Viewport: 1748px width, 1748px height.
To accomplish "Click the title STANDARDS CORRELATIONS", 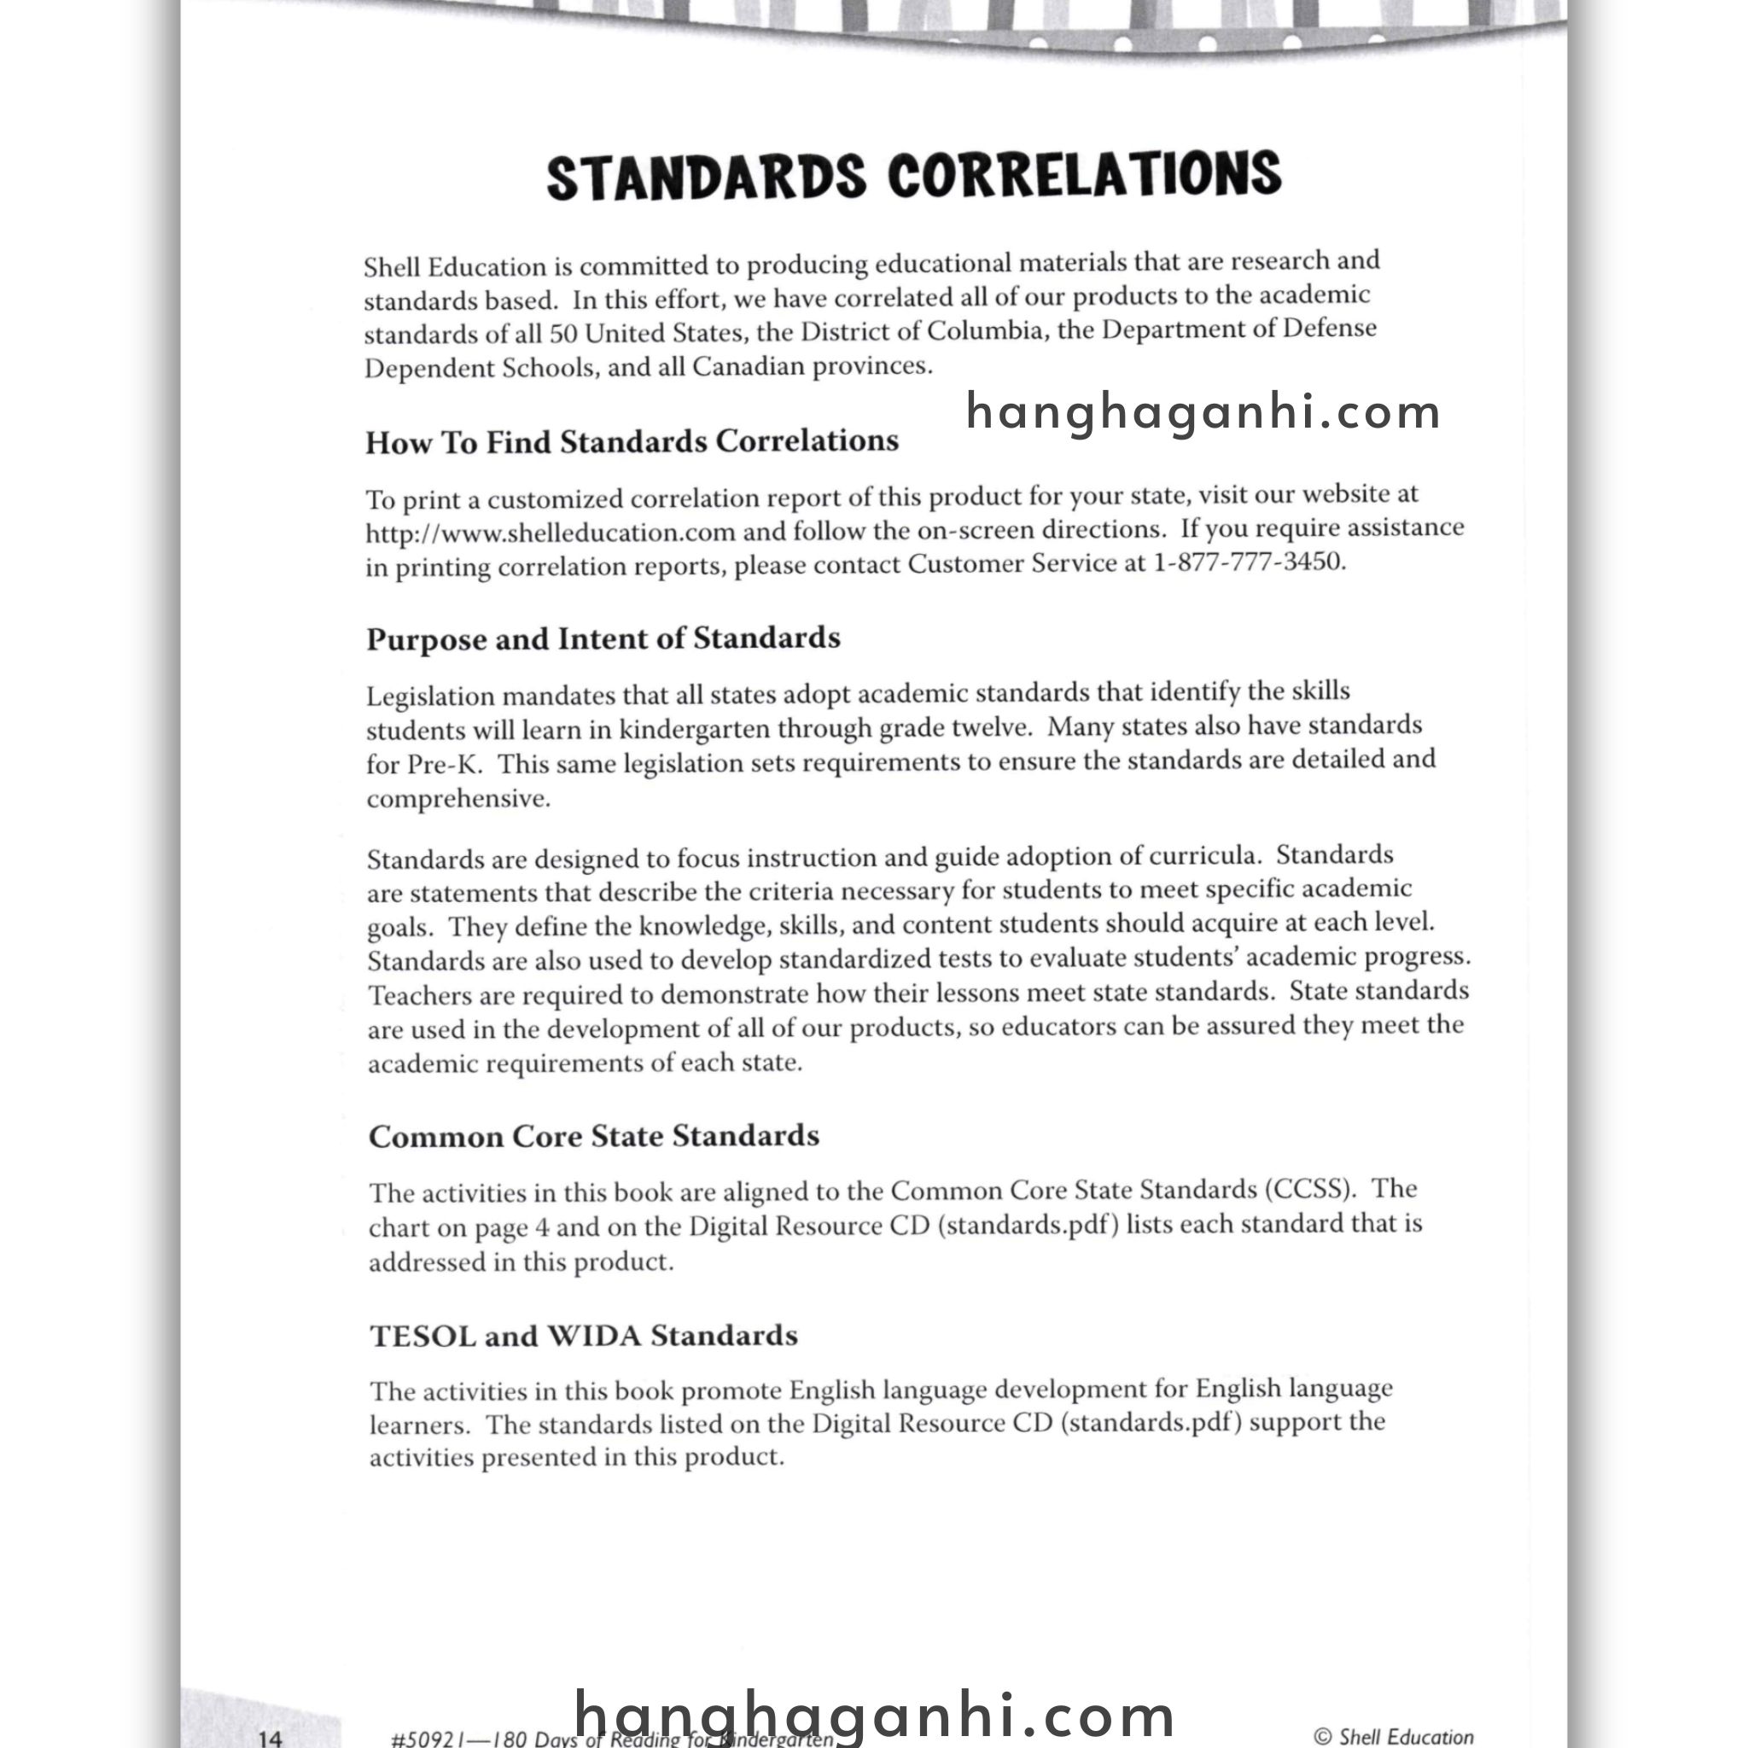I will pos(914,176).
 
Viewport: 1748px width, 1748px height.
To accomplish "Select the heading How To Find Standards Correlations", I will pos(632,442).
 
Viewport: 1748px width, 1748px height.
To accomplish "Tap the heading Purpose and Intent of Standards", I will pos(603,638).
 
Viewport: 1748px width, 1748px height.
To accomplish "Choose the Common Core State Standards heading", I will pos(593,1136).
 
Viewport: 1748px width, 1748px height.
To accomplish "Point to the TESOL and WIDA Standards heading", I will pos(584,1337).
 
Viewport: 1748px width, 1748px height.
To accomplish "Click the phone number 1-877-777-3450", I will pos(1248,562).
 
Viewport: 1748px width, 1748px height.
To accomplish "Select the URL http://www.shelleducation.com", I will pos(551,532).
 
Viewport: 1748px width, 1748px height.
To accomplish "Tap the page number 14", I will pos(270,1736).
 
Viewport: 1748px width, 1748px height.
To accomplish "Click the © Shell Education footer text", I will pos(1392,1735).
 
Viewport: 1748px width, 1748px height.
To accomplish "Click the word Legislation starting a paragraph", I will pos(431,696).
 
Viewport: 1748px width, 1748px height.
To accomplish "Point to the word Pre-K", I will pos(443,765).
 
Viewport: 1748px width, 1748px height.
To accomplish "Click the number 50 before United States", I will pos(562,334).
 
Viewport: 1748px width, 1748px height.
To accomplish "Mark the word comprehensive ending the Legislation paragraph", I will pos(457,800).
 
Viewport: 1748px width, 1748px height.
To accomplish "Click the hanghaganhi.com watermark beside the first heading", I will pos(1203,412).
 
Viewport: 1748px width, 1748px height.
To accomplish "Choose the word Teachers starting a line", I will pos(420,996).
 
